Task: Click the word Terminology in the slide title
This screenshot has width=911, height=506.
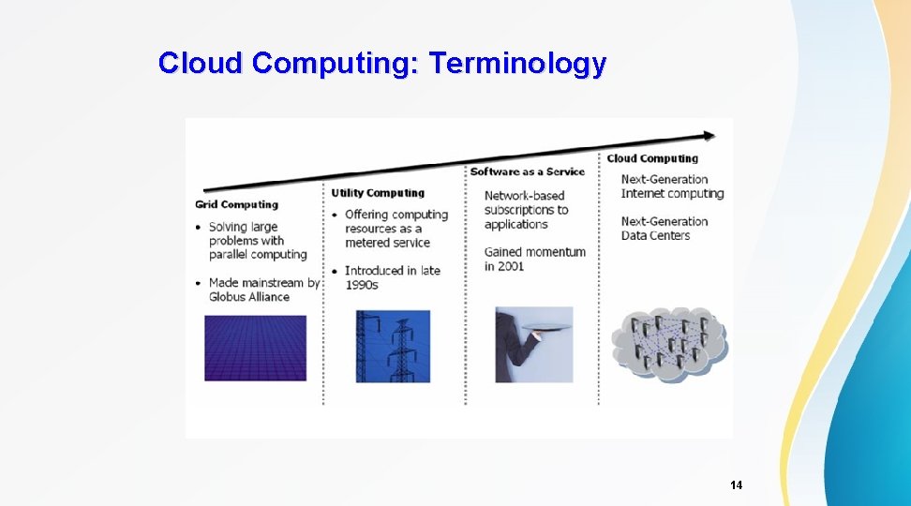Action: pyautogui.click(x=517, y=64)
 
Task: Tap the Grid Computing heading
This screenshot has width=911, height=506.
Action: pyautogui.click(x=236, y=204)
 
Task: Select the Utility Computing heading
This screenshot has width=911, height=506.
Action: pyautogui.click(x=377, y=193)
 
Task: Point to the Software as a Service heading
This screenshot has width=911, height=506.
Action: pyautogui.click(x=527, y=171)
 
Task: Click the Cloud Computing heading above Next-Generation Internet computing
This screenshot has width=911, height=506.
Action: pyautogui.click(x=652, y=158)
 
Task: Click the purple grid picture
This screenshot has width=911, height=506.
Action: pyautogui.click(x=255, y=348)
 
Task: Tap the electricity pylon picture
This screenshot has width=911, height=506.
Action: pyautogui.click(x=393, y=346)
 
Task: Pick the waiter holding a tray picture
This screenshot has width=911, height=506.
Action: pyautogui.click(x=533, y=345)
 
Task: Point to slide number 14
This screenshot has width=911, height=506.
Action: pyautogui.click(x=736, y=485)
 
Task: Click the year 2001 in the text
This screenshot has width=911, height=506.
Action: pyautogui.click(x=512, y=266)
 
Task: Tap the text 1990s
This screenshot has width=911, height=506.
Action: pyautogui.click(x=361, y=285)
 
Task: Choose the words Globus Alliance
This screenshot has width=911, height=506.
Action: pyautogui.click(x=249, y=297)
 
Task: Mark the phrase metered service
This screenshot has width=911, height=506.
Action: pyautogui.click(x=387, y=243)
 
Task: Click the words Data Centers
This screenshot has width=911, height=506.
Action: pyautogui.click(x=655, y=235)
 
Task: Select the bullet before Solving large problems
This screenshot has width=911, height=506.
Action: pyautogui.click(x=198, y=227)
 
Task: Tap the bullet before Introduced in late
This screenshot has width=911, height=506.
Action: pyautogui.click(x=335, y=271)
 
